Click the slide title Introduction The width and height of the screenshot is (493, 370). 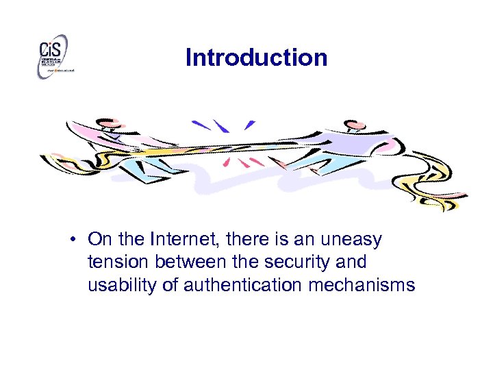(x=256, y=58)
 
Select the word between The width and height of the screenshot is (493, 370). (x=191, y=262)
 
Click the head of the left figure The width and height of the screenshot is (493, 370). (x=105, y=125)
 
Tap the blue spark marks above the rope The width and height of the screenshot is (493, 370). (x=219, y=126)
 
